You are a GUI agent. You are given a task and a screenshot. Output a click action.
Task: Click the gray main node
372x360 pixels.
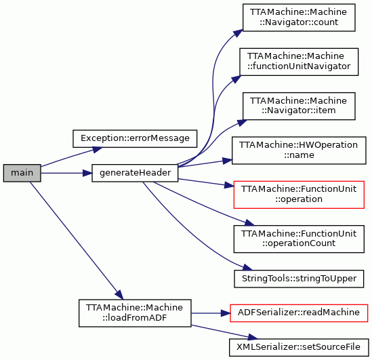pyautogui.click(x=22, y=173)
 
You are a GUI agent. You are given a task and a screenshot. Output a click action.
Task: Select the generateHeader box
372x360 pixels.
pyautogui.click(x=135, y=173)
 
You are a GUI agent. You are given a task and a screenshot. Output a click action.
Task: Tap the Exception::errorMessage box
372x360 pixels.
pyautogui.click(x=135, y=138)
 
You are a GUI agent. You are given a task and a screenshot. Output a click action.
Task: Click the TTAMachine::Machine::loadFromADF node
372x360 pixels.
pyautogui.click(x=135, y=313)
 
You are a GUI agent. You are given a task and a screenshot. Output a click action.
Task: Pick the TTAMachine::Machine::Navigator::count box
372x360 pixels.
pyautogui.click(x=299, y=18)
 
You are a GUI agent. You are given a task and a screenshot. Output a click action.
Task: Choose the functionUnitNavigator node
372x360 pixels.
pyautogui.click(x=299, y=62)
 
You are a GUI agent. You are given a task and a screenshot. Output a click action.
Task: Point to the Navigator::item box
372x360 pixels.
pyautogui.click(x=299, y=106)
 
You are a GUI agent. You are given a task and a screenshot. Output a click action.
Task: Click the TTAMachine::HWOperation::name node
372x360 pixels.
pyautogui.click(x=299, y=151)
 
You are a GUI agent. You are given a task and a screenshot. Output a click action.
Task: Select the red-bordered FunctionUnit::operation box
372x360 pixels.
pyautogui.click(x=299, y=195)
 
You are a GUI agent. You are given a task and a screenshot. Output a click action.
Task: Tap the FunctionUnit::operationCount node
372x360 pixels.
pyautogui.click(x=299, y=239)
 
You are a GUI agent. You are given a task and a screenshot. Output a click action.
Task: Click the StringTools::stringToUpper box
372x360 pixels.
pyautogui.click(x=299, y=279)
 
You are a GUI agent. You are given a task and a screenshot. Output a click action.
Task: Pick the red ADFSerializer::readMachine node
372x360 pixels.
pyautogui.click(x=299, y=313)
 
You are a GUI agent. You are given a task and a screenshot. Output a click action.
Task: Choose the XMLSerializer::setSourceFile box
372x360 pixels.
pyautogui.click(x=299, y=347)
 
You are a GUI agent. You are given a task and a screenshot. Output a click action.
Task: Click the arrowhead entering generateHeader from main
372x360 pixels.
pyautogui.click(x=87, y=173)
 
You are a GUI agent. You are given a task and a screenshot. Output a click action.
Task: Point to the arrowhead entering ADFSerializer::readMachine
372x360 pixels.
pyautogui.click(x=226, y=313)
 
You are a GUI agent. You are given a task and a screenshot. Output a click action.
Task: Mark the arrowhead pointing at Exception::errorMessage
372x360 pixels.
pyautogui.click(x=98, y=150)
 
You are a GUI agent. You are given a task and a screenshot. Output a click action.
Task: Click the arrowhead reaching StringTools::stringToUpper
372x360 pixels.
pyautogui.click(x=247, y=267)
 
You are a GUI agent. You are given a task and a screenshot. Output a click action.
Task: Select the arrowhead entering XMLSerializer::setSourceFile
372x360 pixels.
pyautogui.click(x=253, y=337)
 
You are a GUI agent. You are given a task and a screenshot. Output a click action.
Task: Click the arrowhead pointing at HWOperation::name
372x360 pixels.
pyautogui.click(x=227, y=161)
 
